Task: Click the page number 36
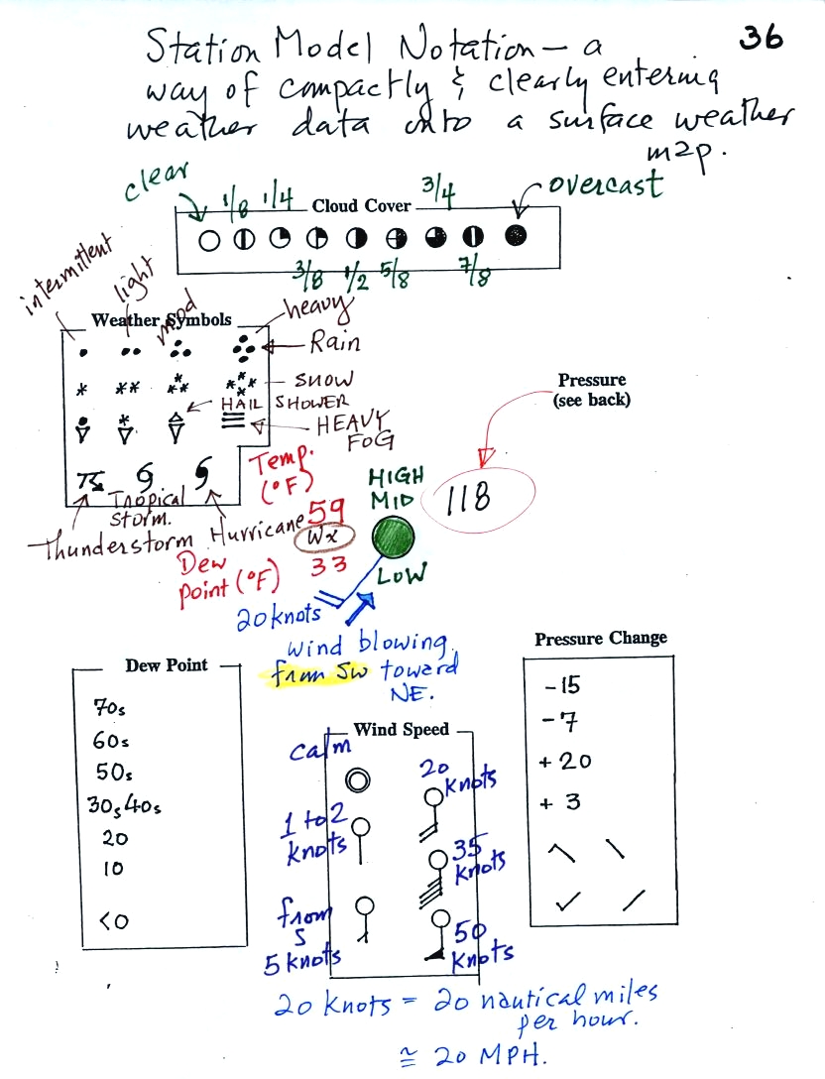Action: [x=762, y=37]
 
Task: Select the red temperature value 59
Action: [x=326, y=515]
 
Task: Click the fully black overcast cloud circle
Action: [x=516, y=237]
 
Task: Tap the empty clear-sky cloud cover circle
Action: [x=208, y=240]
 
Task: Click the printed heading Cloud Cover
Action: [x=363, y=206]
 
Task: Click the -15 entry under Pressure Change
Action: [x=562, y=685]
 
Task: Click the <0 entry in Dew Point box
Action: [x=114, y=920]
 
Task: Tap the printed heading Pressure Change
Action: [x=601, y=639]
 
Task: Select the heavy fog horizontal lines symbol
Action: [x=233, y=420]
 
